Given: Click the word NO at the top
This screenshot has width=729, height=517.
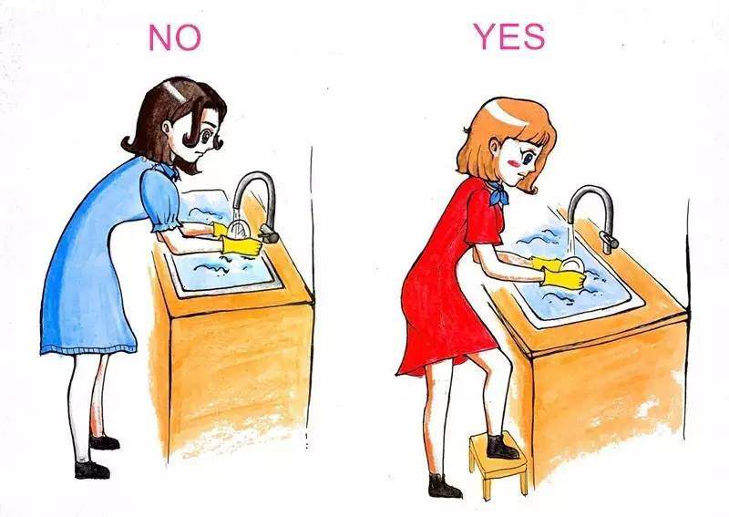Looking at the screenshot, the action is (175, 37).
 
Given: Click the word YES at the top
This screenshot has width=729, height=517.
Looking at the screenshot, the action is (509, 36).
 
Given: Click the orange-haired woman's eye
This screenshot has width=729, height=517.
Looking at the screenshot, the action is (529, 159).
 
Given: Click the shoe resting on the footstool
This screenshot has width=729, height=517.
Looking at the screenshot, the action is (501, 447).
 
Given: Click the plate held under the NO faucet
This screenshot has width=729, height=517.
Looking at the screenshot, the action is (239, 230).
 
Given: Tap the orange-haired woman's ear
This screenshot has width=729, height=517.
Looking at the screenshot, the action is (496, 149).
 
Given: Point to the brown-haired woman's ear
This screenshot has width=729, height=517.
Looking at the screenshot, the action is (167, 127).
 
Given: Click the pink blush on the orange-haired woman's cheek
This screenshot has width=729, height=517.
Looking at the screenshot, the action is (513, 162).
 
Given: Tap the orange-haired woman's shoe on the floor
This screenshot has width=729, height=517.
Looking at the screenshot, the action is (444, 486).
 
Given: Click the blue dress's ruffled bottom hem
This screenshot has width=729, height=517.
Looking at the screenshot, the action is (88, 349).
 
